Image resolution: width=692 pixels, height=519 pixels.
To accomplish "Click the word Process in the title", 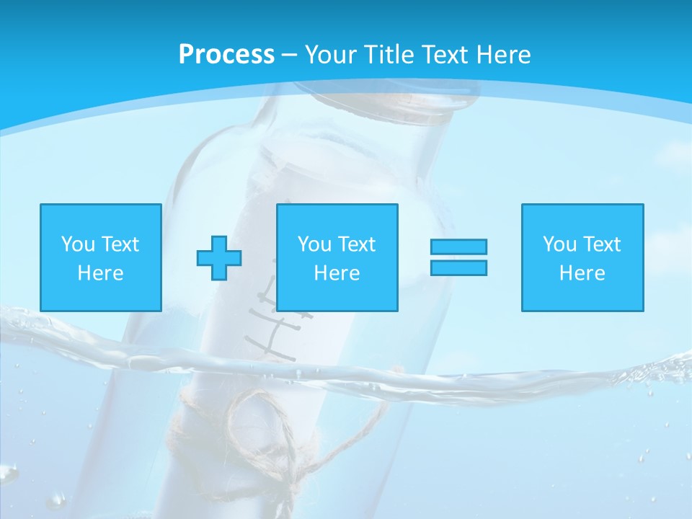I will click(x=226, y=55).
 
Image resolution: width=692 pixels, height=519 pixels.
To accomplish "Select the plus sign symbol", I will click(x=219, y=258).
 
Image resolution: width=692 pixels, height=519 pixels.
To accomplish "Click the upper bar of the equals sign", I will click(x=458, y=247).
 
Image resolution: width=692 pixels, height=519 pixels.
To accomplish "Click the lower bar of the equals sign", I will click(x=458, y=267).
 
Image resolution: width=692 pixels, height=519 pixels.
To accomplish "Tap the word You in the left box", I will click(x=78, y=244).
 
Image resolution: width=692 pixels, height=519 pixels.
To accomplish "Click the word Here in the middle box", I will click(x=337, y=273).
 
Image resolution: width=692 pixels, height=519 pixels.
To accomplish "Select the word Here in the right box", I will click(x=582, y=273).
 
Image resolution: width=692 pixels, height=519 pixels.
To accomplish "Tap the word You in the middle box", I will click(x=314, y=244).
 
